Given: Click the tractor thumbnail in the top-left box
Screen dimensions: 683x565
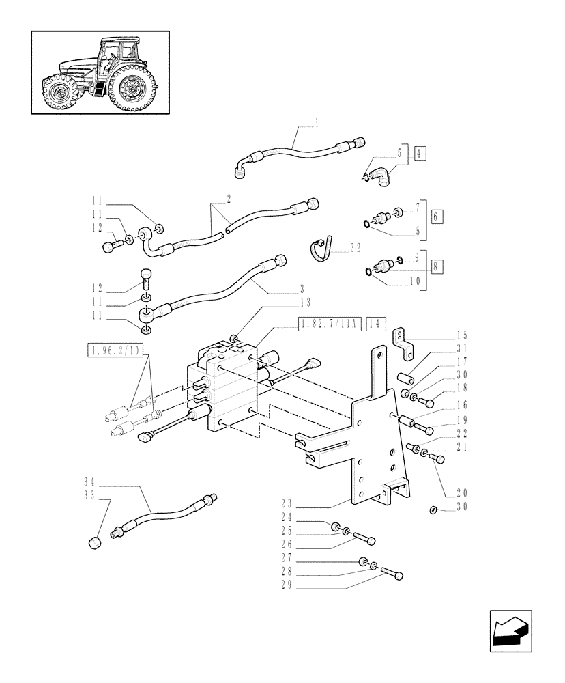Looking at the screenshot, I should point(100,72).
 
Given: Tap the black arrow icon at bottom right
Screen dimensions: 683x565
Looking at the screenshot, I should point(511,629).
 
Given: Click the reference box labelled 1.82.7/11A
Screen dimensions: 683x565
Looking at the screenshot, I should point(328,324).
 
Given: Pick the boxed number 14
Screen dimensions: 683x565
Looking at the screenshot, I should point(376,324).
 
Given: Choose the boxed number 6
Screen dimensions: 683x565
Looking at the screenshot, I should point(437,217).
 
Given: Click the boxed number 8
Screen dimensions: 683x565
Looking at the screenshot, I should point(437,266).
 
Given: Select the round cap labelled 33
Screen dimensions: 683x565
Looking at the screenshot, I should point(96,543).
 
